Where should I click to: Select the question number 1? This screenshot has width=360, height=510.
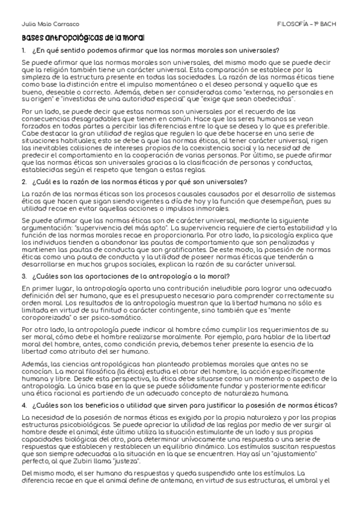coord(23,50)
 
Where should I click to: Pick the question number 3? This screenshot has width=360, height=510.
coord(23,276)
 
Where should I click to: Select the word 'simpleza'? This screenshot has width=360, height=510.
coord(35,78)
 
